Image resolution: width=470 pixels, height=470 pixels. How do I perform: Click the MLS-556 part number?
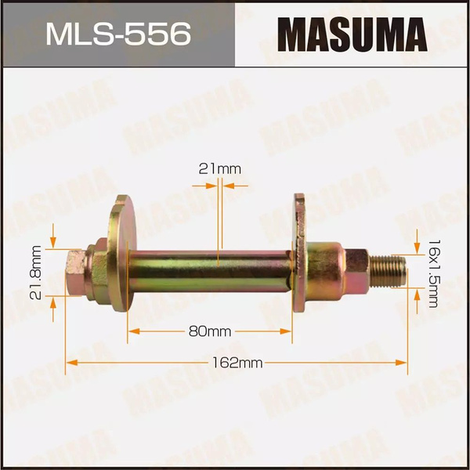pos(118,34)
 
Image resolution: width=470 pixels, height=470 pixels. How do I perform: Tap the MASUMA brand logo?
pos(352,34)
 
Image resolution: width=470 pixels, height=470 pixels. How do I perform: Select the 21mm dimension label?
pos(219,169)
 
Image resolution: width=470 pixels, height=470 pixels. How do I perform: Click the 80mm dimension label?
pos(210,331)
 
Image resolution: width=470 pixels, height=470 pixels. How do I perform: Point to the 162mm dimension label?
pos(237,363)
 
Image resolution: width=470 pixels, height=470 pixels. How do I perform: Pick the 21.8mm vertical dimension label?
pos(36,273)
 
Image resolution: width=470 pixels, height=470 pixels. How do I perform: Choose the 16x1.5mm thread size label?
pos(434,273)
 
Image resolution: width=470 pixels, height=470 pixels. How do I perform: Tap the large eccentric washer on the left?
pos(121,253)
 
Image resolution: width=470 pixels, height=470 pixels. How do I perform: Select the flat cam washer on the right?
pos(299,253)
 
